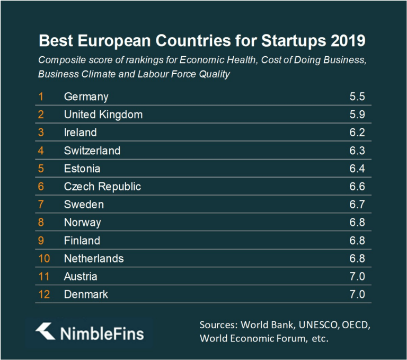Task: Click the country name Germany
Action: coord(86,96)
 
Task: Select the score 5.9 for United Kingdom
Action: coord(358,114)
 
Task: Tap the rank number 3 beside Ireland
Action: coord(40,132)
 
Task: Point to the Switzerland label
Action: coord(92,151)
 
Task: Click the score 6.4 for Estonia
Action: coord(358,169)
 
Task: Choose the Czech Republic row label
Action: coord(102,187)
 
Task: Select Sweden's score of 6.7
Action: coord(358,205)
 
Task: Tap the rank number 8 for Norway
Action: coord(40,223)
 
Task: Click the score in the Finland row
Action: coord(358,241)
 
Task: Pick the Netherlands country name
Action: coord(94,259)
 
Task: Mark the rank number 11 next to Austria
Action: coord(42,276)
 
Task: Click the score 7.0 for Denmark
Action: coord(358,294)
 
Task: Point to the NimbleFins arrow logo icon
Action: coord(45,332)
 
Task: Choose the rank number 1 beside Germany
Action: coord(40,96)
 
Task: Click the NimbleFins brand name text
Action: coord(101,333)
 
